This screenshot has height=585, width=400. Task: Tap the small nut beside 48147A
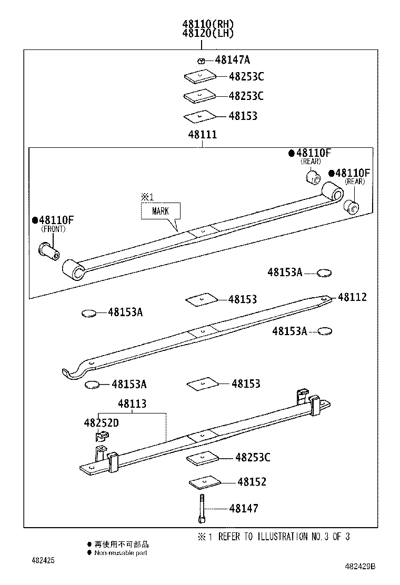point(201,60)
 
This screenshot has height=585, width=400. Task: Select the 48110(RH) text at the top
point(208,24)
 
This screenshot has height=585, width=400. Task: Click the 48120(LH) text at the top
point(208,33)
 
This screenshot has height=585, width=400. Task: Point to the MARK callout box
point(160,211)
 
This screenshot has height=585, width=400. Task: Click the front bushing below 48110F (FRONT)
point(49,249)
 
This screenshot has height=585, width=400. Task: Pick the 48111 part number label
point(202,135)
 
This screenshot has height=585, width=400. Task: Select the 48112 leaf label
point(352,297)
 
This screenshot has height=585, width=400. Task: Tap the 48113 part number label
point(132,404)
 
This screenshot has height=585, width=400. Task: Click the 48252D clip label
point(101,422)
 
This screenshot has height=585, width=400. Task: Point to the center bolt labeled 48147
point(201,509)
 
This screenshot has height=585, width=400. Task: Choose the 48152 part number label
point(252,482)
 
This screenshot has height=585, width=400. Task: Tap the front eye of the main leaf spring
point(74,269)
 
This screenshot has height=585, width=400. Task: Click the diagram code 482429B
point(361,566)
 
